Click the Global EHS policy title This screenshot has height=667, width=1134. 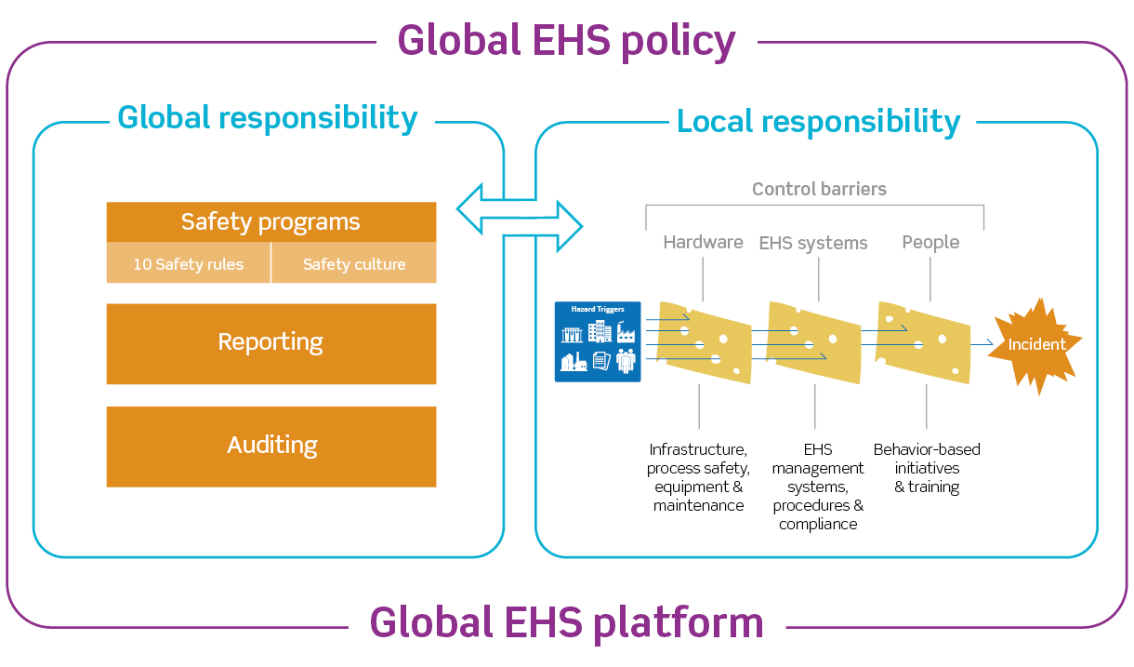pos(566,40)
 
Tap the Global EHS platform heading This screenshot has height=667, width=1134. pos(566,621)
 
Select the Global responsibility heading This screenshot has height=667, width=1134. pos(268,118)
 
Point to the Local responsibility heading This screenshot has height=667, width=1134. pos(818,121)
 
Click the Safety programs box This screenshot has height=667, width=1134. pos(270,222)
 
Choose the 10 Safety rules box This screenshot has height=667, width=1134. pos(188,264)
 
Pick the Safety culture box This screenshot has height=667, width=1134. pos(354,264)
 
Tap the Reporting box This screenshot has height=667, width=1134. pos(270,342)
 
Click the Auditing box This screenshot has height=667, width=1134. pos(271,446)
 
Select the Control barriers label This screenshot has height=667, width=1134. pos(819,189)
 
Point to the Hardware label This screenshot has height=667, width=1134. pos(703,242)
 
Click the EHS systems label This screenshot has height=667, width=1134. pos(813,243)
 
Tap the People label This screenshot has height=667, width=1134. pos(930,242)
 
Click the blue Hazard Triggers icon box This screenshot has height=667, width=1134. pos(598,341)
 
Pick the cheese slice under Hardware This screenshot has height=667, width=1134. pos(704,342)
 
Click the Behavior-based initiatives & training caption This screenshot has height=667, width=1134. pos(927,468)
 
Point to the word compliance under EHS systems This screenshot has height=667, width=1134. pos(818,525)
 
